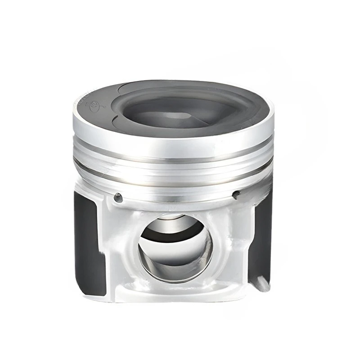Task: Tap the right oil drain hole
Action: [x=235, y=194]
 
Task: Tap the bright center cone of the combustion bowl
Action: [x=180, y=115]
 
